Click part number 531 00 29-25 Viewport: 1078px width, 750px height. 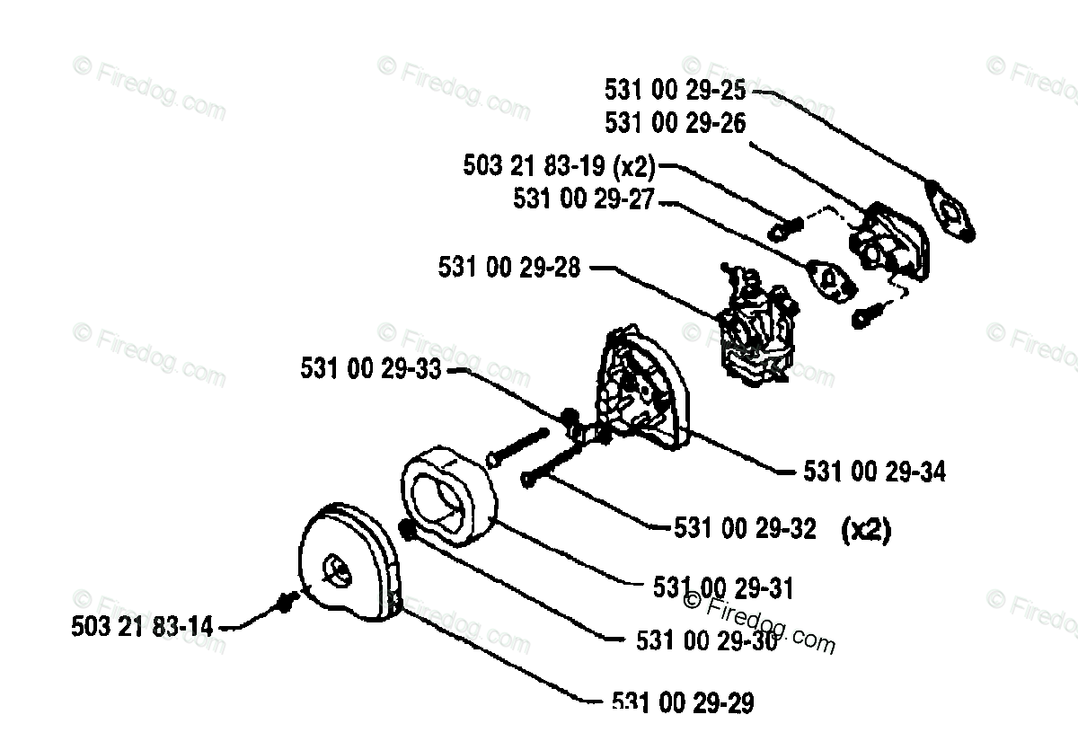pos(675,90)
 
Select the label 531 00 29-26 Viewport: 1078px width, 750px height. pos(675,122)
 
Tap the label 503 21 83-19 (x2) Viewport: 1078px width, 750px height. pos(559,166)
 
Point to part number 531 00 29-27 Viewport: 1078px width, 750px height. pos(585,198)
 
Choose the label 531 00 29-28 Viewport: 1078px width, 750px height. pos(509,267)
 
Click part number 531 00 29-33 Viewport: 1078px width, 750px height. pos(371,369)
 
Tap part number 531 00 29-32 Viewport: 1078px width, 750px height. pos(745,529)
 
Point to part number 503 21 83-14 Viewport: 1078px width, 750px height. pos(143,627)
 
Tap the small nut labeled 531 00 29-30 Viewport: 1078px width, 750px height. pos(407,530)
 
